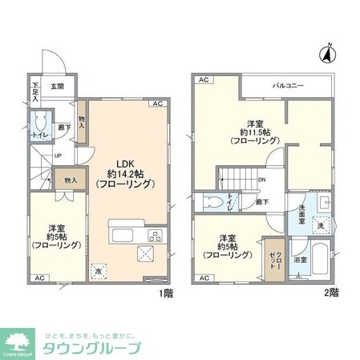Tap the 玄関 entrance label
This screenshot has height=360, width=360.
pos(59,87)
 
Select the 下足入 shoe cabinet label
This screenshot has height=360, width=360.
pos(36,90)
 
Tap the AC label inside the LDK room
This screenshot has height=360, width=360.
pos(157,104)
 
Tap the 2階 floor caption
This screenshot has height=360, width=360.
pos(332,293)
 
